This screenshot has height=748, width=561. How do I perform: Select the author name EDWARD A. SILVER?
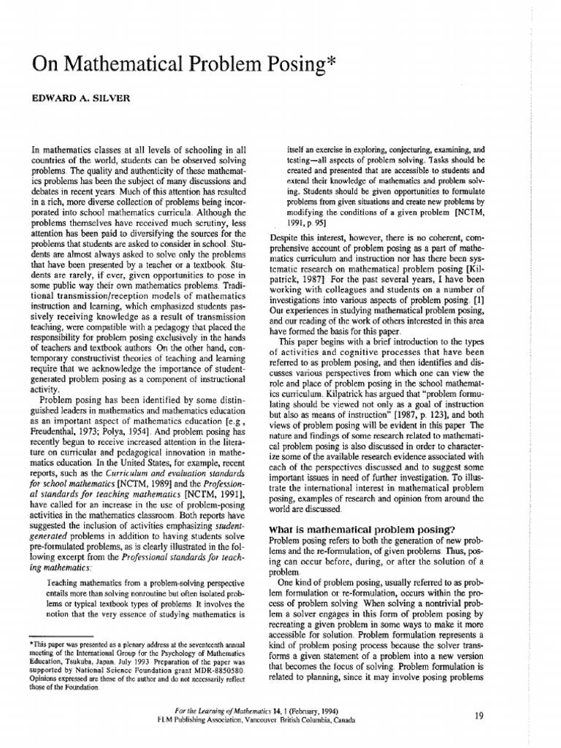80,99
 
